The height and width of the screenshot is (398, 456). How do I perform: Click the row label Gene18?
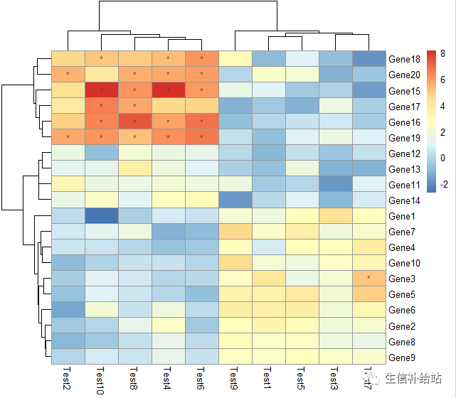pyautogui.click(x=405, y=59)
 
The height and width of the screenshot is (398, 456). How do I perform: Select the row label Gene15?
pyautogui.click(x=405, y=90)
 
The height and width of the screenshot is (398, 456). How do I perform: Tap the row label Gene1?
pyautogui.click(x=403, y=216)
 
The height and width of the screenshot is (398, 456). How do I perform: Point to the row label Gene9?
pyautogui.click(x=403, y=357)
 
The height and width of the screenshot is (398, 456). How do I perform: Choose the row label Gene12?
pyautogui.click(x=405, y=154)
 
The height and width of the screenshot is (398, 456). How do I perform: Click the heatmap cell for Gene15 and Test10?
pyautogui.click(x=102, y=90)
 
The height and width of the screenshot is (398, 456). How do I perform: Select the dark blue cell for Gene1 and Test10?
pyautogui.click(x=102, y=216)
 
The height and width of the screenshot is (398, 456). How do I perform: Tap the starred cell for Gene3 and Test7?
pyautogui.click(x=368, y=279)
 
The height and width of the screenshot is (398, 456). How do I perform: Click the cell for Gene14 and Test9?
pyautogui.click(x=235, y=200)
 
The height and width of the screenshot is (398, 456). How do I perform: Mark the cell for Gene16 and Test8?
pyautogui.click(x=135, y=122)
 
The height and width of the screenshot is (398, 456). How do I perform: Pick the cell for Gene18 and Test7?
pyautogui.click(x=368, y=58)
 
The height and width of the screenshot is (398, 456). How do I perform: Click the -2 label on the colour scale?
pyautogui.click(x=443, y=183)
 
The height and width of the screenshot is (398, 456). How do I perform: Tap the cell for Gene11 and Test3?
pyautogui.click(x=336, y=184)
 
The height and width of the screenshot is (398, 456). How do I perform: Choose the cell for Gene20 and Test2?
pyautogui.click(x=68, y=74)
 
